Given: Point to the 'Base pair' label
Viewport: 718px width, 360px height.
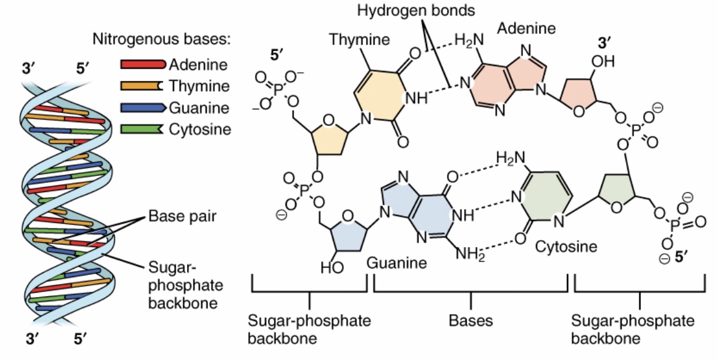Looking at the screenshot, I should [179, 218].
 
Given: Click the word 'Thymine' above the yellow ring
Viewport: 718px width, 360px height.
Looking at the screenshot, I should [359, 40].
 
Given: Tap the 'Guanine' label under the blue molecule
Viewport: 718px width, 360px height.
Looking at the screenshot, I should [397, 263].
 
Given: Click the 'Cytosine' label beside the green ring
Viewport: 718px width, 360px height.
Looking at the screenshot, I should [566, 248].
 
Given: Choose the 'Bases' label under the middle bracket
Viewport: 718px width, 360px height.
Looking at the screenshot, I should [470, 321].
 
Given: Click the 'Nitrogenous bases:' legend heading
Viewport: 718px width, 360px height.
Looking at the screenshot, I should [162, 41].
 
